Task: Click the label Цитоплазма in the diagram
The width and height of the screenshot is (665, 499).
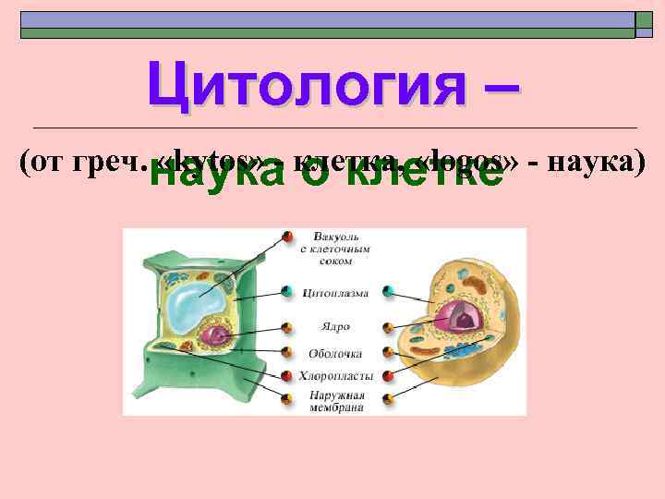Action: coord(334,293)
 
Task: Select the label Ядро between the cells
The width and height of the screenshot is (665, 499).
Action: coord(334,326)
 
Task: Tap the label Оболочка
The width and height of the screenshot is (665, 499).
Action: coord(334,352)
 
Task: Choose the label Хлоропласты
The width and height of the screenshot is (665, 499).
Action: coord(334,376)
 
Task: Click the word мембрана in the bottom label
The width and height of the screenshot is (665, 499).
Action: coord(334,407)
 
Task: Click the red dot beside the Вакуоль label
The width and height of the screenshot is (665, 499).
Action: coord(287,237)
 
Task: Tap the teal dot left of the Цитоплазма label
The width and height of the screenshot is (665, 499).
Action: coord(287,293)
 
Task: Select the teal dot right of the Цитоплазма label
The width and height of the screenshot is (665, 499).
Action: coord(389,293)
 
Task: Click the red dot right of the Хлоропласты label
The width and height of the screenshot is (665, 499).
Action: coord(389,376)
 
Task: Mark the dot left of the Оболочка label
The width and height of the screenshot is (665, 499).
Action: coord(287,352)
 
